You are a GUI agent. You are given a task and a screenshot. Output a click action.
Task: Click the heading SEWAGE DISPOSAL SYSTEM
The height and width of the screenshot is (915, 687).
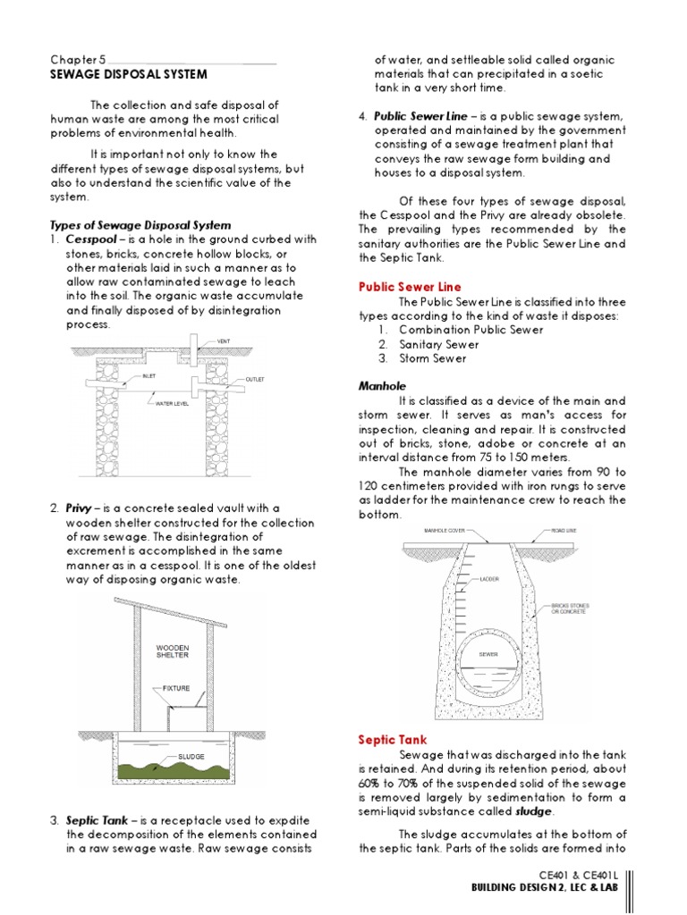click(128, 74)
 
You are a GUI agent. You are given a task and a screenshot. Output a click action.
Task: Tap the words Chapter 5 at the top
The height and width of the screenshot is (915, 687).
click(78, 59)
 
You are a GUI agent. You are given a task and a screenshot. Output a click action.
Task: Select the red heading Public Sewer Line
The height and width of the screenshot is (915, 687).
click(410, 287)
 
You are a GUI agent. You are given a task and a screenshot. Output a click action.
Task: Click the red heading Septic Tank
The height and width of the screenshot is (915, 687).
click(393, 740)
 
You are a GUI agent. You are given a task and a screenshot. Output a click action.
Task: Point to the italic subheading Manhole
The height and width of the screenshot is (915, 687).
click(383, 386)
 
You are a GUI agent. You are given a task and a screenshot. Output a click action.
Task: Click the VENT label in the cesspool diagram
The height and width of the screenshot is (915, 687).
click(224, 341)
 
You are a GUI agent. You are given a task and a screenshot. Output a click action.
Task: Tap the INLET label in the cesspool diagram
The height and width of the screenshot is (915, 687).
click(149, 376)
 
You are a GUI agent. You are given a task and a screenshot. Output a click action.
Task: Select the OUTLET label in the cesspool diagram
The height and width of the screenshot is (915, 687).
click(256, 380)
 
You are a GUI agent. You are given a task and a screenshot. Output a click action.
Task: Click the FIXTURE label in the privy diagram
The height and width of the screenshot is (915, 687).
click(176, 689)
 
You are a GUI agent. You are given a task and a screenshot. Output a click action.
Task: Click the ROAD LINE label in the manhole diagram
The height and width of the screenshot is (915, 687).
click(564, 530)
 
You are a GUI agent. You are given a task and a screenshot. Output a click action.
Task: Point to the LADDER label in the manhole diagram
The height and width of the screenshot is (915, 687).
click(489, 579)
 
